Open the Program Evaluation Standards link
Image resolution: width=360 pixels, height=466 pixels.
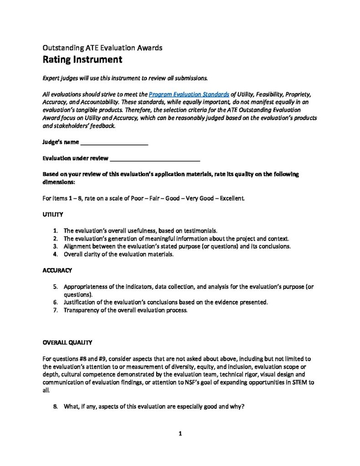(x=189, y=94)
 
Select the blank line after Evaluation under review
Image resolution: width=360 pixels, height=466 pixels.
(x=155, y=159)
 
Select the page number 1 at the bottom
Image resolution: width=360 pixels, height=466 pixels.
(x=180, y=434)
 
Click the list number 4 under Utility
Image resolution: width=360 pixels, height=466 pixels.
(x=55, y=254)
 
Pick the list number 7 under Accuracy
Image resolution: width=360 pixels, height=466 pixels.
(x=55, y=310)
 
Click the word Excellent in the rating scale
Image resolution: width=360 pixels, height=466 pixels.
(x=231, y=199)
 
